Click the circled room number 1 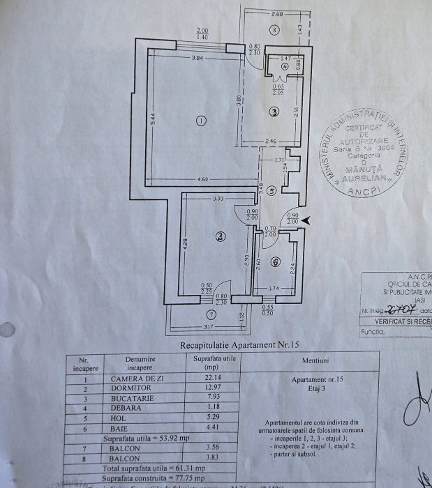point(202,121)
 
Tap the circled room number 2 point(220,238)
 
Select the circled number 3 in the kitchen point(274,111)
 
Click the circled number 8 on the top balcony point(275,29)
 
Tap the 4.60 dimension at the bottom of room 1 point(202,181)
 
